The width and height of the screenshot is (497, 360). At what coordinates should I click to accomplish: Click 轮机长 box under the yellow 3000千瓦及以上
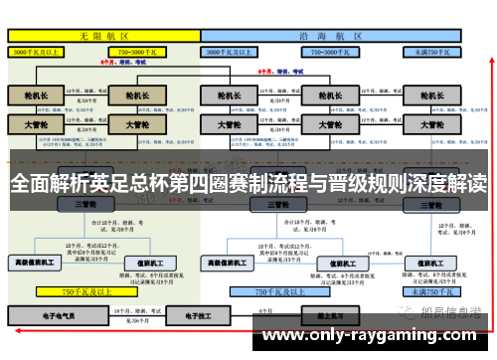pyautogui.click(x=36, y=96)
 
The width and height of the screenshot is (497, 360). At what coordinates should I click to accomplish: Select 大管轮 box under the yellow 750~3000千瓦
pyautogui.click(x=131, y=125)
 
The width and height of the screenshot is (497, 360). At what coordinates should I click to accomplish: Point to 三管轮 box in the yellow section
pyautogui.click(x=83, y=204)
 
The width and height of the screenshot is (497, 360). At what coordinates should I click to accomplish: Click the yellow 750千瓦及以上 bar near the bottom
pyautogui.click(x=83, y=292)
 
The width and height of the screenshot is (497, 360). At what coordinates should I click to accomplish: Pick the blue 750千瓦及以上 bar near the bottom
pyautogui.click(x=277, y=292)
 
